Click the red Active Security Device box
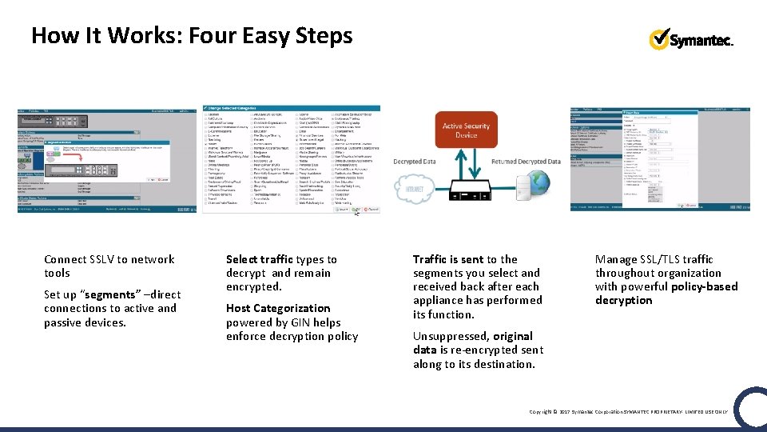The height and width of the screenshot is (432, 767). click(x=466, y=130)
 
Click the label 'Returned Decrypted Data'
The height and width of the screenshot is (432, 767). click(x=526, y=162)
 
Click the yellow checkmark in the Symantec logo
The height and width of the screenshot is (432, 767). click(x=659, y=38)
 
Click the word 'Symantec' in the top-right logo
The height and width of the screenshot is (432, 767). click(x=701, y=41)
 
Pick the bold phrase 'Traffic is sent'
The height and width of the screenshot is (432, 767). click(x=448, y=259)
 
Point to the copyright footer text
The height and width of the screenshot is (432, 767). click(x=629, y=411)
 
